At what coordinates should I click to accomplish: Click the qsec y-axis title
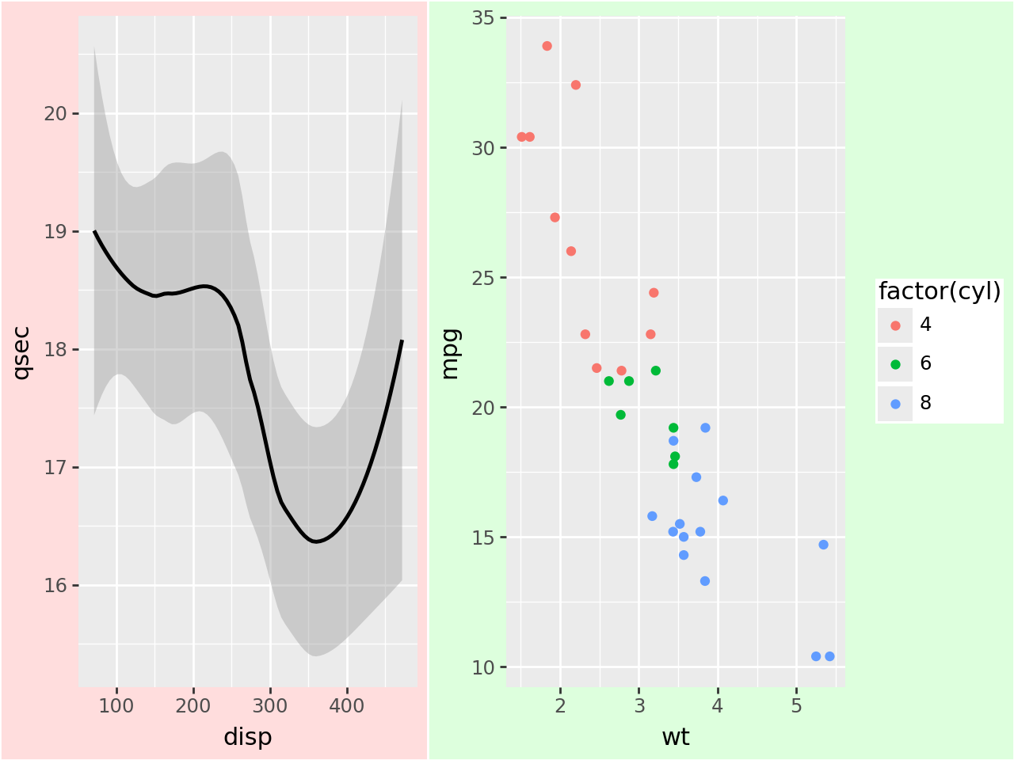click(21, 352)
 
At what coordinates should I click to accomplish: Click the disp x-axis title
click(247, 737)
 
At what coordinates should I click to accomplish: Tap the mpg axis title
click(450, 353)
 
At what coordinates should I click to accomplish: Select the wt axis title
click(675, 737)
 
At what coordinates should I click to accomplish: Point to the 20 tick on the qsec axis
click(55, 113)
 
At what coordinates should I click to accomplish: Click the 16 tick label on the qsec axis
click(55, 586)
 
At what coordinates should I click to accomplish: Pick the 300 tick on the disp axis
click(270, 705)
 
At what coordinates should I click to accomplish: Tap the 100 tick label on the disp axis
click(116, 705)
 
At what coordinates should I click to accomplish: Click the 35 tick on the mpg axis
click(483, 17)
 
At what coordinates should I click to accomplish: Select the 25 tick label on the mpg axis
click(483, 278)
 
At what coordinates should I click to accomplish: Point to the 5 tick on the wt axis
click(796, 705)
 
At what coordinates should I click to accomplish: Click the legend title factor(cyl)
click(940, 291)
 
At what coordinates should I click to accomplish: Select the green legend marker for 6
click(895, 364)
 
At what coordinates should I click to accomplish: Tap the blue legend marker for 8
click(895, 404)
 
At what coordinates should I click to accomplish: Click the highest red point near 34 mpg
click(547, 46)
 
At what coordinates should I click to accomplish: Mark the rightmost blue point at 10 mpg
click(829, 656)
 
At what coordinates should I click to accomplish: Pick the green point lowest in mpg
click(673, 464)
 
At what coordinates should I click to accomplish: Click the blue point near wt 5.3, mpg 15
click(823, 545)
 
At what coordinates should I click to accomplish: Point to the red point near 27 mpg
click(555, 218)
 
